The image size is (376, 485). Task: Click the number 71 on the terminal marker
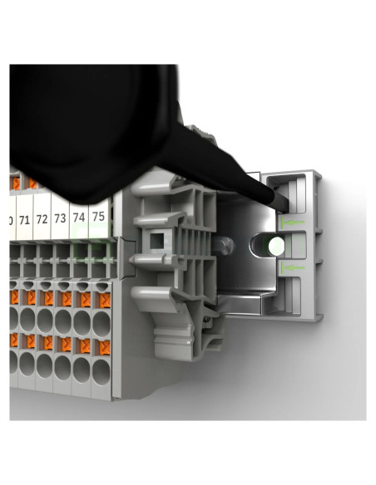[24, 221]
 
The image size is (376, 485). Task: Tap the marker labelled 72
[42, 221]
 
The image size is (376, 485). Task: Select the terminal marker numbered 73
[60, 219]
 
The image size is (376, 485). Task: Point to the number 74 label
[79, 218]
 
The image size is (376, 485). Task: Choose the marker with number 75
[98, 216]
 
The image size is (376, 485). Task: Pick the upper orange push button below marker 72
[47, 296]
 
